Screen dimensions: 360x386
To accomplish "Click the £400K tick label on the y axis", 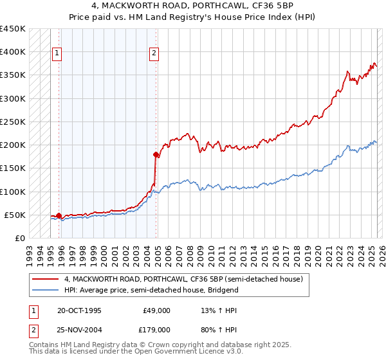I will pos(13,52).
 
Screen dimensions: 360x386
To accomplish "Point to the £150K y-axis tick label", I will pos(13,168).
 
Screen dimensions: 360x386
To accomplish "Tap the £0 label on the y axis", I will pos(20,239).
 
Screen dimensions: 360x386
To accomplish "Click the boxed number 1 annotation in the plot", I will pos(57,54).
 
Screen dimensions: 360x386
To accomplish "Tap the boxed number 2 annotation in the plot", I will pos(154,54).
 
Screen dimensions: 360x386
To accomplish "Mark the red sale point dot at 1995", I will pos(59,215).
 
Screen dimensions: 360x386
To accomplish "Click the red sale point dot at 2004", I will pos(156,154).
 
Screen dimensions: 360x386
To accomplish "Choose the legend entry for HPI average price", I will pos(151,290).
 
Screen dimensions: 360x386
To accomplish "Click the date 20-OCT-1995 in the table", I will pos(79,310).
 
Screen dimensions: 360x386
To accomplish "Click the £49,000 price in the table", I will pos(157,310).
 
